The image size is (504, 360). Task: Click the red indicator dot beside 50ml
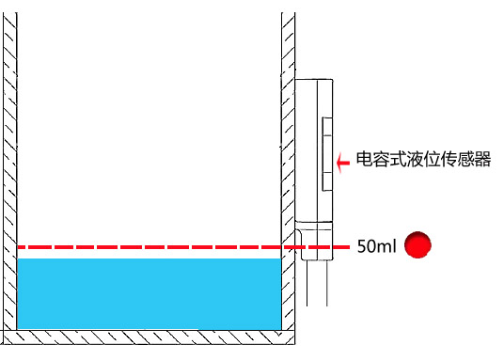(417, 246)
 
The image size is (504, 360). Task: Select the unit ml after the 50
(386, 247)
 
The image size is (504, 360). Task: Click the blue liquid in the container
(150, 293)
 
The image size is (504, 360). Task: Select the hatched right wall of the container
(288, 141)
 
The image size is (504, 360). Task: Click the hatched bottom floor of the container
(150, 336)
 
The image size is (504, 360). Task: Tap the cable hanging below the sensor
(316, 282)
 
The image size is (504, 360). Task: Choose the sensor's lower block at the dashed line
(314, 239)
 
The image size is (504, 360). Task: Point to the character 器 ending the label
(483, 159)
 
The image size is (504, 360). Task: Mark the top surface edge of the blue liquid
(150, 260)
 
